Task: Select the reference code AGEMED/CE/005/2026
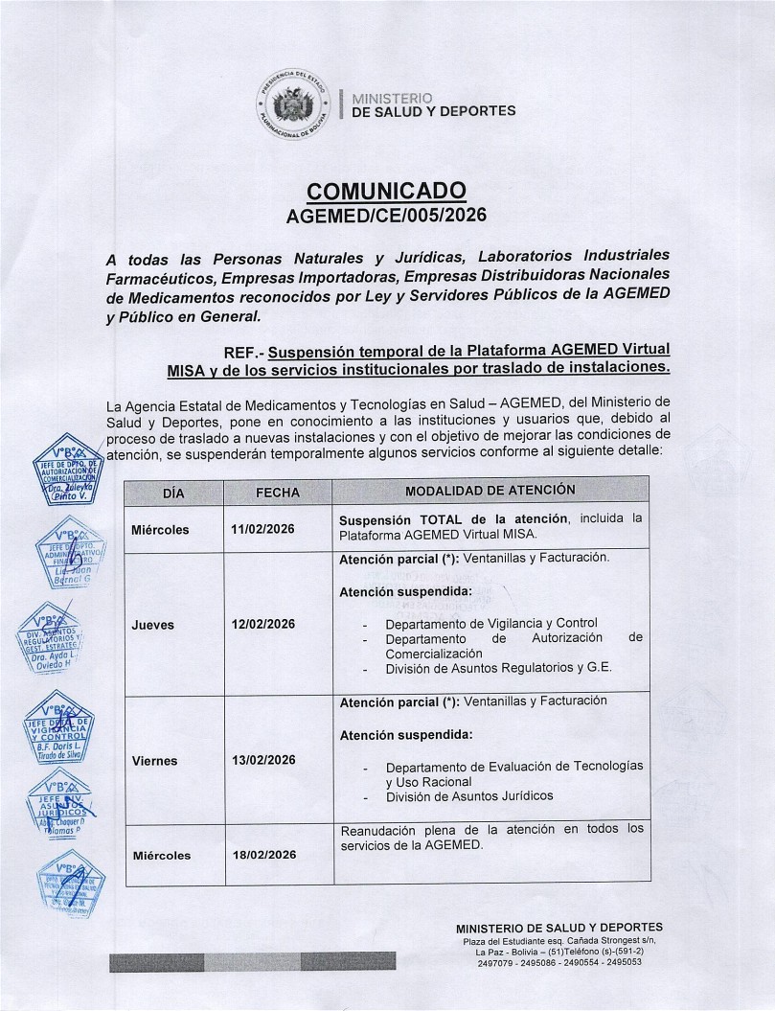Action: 387,216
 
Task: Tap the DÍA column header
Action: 173,492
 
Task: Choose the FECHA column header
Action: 278,492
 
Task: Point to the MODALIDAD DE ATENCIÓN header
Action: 490,491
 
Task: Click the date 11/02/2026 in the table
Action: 263,529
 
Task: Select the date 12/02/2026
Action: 263,625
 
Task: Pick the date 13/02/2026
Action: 263,761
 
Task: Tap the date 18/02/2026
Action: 263,855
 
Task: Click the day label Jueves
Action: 152,625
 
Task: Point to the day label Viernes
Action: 154,761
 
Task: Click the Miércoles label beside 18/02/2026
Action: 161,855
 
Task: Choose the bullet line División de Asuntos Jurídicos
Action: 469,795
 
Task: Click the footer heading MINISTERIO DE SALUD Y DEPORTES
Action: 559,928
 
